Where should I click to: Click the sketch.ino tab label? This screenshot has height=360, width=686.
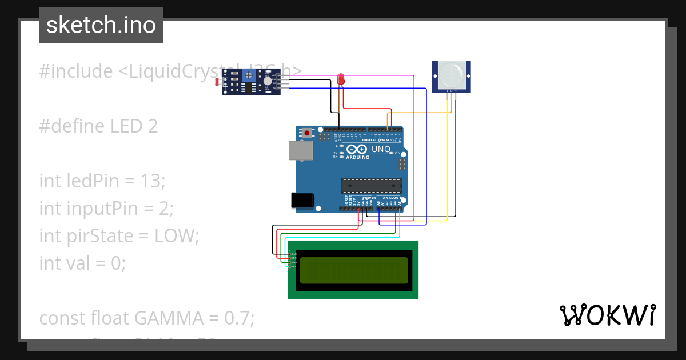pos(101,25)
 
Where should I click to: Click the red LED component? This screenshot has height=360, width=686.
pos(341,79)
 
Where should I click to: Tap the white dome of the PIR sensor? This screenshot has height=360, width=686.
pos(451,75)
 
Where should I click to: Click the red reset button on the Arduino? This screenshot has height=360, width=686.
pos(307,133)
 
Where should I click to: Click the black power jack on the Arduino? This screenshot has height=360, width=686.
pos(302,200)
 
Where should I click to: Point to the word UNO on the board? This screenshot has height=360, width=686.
pos(381,149)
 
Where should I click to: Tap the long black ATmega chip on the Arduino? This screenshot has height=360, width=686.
pos(371,186)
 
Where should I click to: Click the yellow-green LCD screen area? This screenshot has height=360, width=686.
pos(353,270)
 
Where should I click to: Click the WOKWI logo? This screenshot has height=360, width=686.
pos(607,315)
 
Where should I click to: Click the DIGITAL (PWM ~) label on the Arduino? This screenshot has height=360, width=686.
pos(380,140)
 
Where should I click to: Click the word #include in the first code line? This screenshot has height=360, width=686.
pos(76,71)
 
